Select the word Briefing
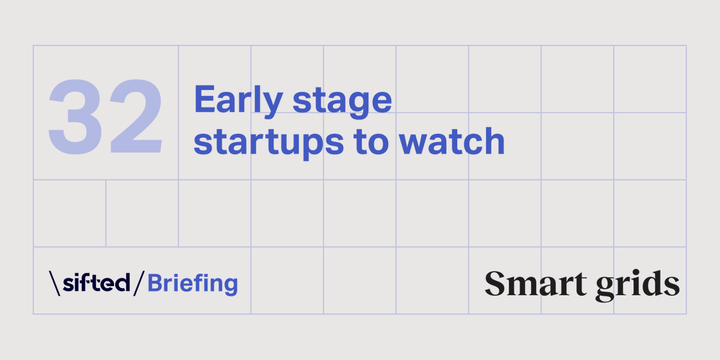pyautogui.click(x=193, y=283)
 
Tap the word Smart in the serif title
pyautogui.click(x=534, y=283)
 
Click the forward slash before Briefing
pyautogui.click(x=139, y=283)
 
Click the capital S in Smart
pyautogui.click(x=496, y=283)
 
